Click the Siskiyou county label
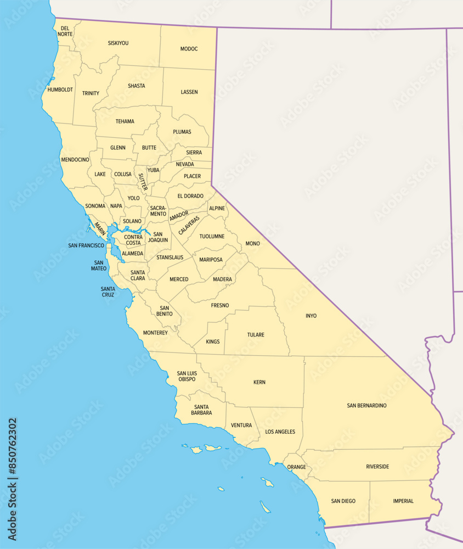pyautogui.click(x=118, y=43)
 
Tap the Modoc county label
pyautogui.click(x=189, y=49)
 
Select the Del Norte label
pyautogui.click(x=65, y=31)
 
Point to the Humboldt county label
pyautogui.click(x=60, y=89)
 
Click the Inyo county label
pyautogui.click(x=311, y=316)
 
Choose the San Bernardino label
pyautogui.click(x=366, y=406)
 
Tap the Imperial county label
pyautogui.click(x=403, y=501)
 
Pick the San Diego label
pyautogui.click(x=343, y=501)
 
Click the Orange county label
pyautogui.click(x=297, y=467)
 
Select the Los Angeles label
pyautogui.click(x=280, y=432)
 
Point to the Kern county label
pyautogui.click(x=259, y=382)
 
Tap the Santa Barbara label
pyautogui.click(x=202, y=410)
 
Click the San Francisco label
pyautogui.click(x=86, y=245)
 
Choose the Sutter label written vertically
pyautogui.click(x=142, y=182)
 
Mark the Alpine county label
pyautogui.click(x=217, y=209)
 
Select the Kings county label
pyautogui.click(x=213, y=341)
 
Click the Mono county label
pyautogui.click(x=253, y=243)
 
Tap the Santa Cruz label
pyautogui.click(x=108, y=292)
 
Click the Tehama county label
pyautogui.click(x=125, y=121)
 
